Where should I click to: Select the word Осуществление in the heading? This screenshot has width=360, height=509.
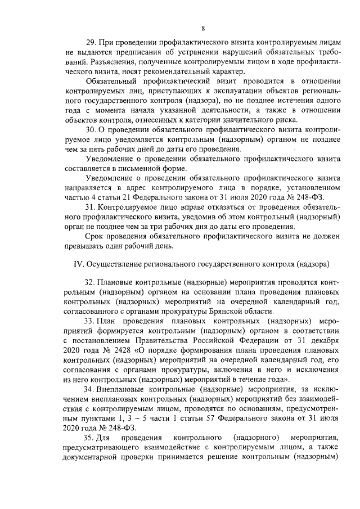pos(115,263)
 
